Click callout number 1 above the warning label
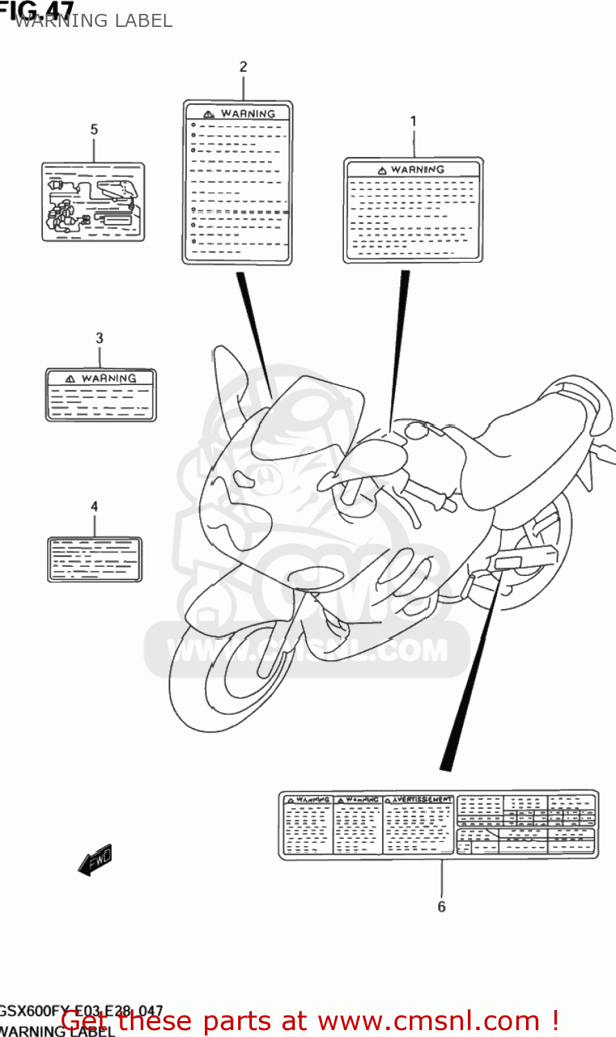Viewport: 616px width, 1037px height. tap(413, 122)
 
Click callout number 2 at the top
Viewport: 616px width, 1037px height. tap(243, 67)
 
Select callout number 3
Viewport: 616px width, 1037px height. tap(100, 338)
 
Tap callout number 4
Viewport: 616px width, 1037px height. tap(94, 507)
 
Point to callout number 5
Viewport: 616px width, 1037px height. tap(94, 130)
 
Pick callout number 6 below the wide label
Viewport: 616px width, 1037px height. tap(442, 906)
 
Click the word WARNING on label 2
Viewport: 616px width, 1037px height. tap(248, 114)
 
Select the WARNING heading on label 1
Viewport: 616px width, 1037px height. tap(417, 170)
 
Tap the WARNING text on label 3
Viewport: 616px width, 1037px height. tap(109, 379)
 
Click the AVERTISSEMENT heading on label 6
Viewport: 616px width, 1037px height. tap(422, 800)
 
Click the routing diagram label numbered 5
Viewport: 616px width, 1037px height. tap(93, 202)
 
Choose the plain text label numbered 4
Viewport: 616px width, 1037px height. tap(95, 559)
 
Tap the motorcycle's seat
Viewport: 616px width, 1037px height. tap(526, 442)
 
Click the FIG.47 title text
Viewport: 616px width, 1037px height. tap(38, 10)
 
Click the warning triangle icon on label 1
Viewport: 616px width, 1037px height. tap(382, 171)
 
